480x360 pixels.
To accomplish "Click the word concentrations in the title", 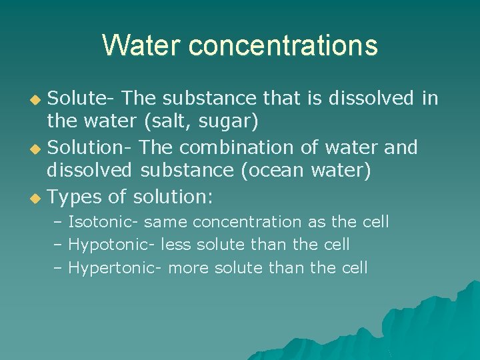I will [x=283, y=45].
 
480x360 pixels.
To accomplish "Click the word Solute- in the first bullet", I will [x=82, y=99].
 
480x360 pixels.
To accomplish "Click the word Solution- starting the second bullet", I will [x=91, y=147].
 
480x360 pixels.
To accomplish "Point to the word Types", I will [x=74, y=197].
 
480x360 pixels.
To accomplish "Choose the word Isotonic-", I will [x=103, y=222].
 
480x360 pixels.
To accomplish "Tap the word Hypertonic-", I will [x=116, y=268].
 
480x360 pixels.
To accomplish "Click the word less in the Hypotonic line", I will [x=175, y=245].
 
